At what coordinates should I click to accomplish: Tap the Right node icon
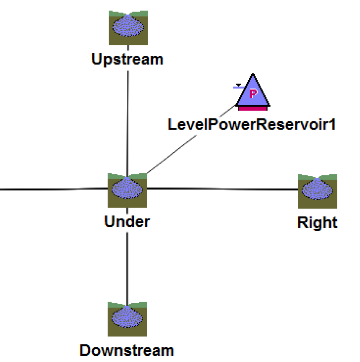317,191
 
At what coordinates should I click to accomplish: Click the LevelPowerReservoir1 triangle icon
253,92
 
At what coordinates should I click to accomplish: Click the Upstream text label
127,59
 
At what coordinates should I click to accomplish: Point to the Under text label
127,221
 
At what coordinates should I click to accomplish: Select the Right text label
317,222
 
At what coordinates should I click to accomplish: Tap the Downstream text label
127,350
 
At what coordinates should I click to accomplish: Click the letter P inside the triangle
253,94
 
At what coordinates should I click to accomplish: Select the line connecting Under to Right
222,189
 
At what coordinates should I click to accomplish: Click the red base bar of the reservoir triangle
253,108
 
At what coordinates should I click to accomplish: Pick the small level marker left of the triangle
238,87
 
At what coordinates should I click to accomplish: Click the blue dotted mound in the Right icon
317,190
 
